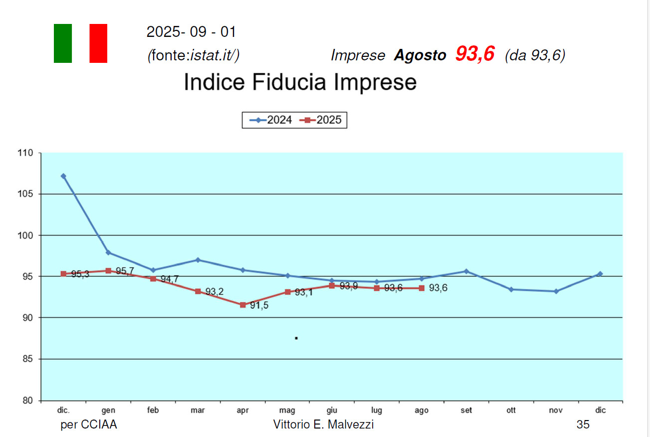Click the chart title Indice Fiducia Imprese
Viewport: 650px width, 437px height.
click(300, 82)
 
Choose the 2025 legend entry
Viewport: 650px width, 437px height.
click(323, 120)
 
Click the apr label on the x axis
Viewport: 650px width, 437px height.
click(242, 411)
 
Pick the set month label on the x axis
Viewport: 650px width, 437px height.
click(466, 411)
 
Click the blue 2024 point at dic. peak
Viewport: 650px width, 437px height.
click(63, 176)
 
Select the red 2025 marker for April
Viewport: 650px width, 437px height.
click(242, 305)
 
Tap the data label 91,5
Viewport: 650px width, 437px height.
click(259, 306)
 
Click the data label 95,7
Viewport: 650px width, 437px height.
click(125, 271)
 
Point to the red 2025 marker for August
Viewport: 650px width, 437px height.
click(422, 288)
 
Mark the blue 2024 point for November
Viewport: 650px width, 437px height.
click(556, 291)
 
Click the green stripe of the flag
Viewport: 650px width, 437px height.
click(63, 43)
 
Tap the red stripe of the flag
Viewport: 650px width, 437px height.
click(98, 43)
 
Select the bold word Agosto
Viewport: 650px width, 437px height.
click(420, 55)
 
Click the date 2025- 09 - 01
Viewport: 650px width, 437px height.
click(191, 32)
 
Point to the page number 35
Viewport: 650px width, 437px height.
click(583, 425)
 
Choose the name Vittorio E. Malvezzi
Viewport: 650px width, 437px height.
click(324, 425)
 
